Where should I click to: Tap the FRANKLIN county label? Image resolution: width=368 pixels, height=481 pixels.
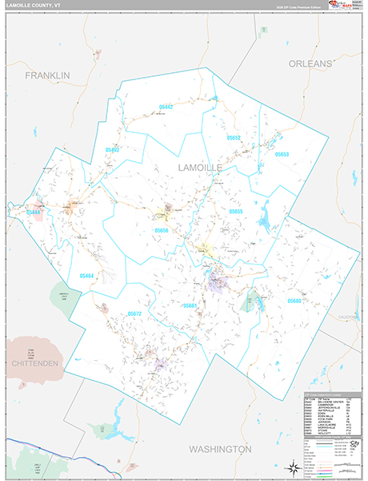(47, 75)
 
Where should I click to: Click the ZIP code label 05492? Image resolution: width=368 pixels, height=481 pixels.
(112, 149)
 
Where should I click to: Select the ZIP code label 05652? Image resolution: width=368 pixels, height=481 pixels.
(234, 138)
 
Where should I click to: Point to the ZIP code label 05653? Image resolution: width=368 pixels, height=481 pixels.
(282, 154)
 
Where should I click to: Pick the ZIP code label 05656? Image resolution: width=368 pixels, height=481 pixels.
(162, 230)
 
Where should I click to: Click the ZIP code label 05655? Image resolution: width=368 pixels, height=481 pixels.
(236, 211)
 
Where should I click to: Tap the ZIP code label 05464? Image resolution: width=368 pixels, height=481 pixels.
(86, 275)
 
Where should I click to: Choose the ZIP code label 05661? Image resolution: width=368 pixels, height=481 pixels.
(190, 305)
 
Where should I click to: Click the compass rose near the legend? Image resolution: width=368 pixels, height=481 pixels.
(290, 465)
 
